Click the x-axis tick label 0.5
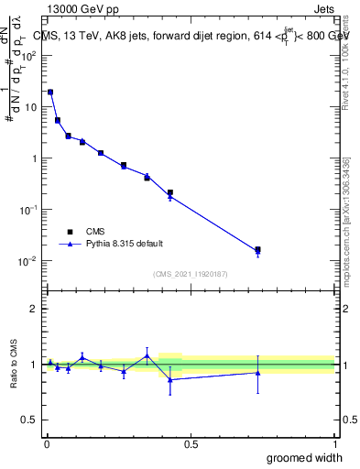191,445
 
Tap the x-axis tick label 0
46,445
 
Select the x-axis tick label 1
334,445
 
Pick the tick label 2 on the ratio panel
34,309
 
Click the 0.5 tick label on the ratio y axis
30,420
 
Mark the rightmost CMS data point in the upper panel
258,249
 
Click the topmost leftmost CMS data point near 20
50,92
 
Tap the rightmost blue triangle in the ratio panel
258,373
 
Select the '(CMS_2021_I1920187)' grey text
190,273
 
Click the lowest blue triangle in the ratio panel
170,379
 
